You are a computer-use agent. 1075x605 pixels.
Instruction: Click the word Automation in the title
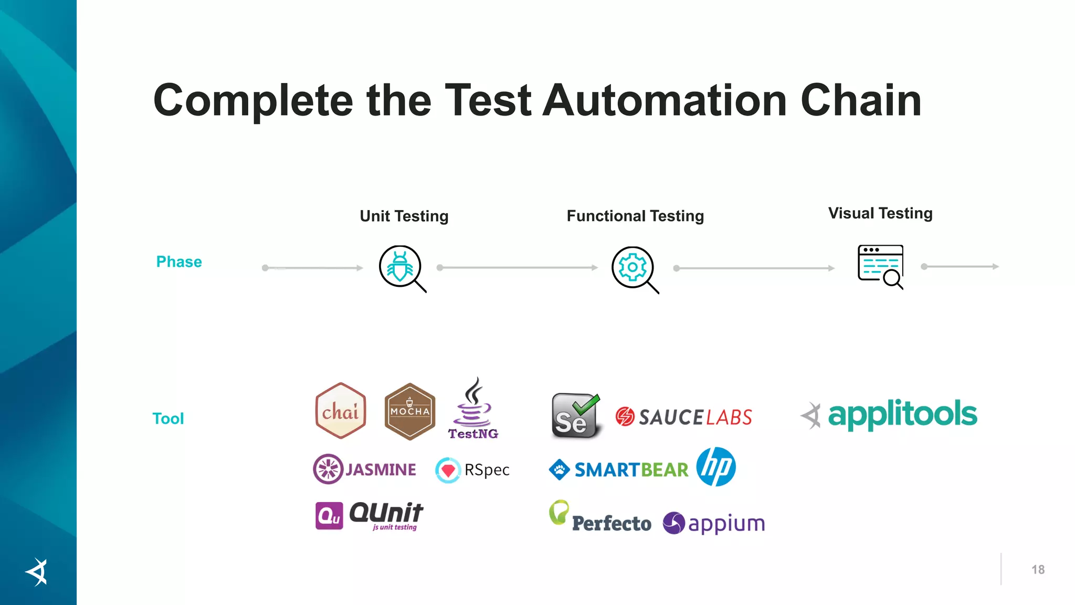coord(665,100)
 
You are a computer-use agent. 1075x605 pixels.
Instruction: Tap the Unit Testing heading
coord(404,216)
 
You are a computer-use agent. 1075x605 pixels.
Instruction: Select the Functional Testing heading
coord(635,216)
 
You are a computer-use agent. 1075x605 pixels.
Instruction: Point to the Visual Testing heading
coord(880,213)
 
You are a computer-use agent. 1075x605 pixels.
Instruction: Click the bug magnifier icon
coord(402,268)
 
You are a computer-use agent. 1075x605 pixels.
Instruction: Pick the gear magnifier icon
coord(634,269)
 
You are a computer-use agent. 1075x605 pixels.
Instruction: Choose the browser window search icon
coord(881,266)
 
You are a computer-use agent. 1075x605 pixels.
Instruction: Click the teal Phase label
coord(179,262)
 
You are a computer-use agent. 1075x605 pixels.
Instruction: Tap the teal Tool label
coord(168,419)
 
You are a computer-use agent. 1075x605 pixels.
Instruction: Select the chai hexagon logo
coord(341,411)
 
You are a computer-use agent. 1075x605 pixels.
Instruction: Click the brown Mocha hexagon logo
coord(410,411)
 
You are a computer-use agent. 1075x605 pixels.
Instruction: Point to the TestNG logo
coord(473,410)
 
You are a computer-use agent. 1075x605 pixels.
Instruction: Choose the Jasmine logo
coord(365,469)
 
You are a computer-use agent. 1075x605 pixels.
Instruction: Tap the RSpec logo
coord(472,470)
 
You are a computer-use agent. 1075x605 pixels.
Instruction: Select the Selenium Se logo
coord(575,416)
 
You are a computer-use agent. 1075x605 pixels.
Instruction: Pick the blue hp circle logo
coord(716,467)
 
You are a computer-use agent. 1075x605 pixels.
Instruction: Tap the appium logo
coord(714,523)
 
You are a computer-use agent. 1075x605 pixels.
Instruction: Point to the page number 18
coord(1038,570)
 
